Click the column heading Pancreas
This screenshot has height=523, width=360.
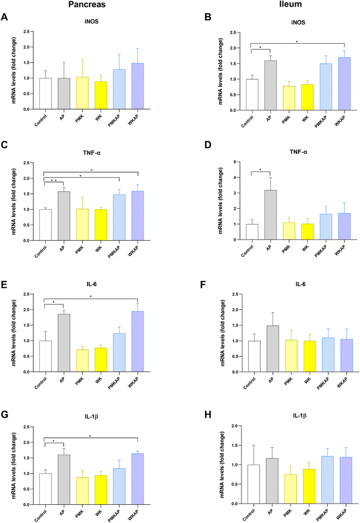pyautogui.click(x=87, y=4)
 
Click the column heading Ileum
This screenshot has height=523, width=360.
pyautogui.click(x=290, y=4)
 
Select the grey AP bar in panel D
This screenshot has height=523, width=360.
pyautogui.click(x=270, y=215)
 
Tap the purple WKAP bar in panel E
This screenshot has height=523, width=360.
pyautogui.click(x=137, y=341)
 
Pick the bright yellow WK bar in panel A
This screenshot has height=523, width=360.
pyautogui.click(x=101, y=95)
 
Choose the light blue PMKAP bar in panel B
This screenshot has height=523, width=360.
pyautogui.click(x=326, y=87)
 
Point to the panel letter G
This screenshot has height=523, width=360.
pyautogui.click(x=4, y=415)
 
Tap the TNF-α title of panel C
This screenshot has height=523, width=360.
pyautogui.click(x=92, y=153)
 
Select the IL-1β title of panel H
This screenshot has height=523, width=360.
pyautogui.click(x=300, y=416)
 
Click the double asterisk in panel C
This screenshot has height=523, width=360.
pyautogui.click(x=53, y=180)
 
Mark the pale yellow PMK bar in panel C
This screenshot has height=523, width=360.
pyautogui.click(x=83, y=225)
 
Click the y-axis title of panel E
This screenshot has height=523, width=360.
pyautogui.click(x=14, y=333)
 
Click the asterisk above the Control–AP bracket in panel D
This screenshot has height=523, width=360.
pyautogui.click(x=260, y=169)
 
